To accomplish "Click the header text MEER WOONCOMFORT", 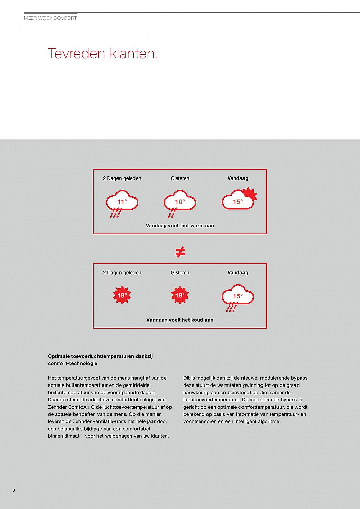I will (x=50, y=18).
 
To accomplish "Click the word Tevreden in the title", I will (x=76, y=54).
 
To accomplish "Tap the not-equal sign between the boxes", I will (x=180, y=252).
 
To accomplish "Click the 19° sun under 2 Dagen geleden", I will (x=122, y=295).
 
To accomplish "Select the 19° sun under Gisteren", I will (x=180, y=295).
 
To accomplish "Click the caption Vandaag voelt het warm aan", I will (x=180, y=226).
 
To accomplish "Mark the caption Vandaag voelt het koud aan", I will (x=180, y=320).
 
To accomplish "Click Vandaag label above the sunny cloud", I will (x=238, y=178).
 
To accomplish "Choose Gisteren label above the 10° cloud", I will (x=180, y=178).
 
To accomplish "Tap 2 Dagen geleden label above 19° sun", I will (x=122, y=273).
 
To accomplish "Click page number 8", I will (x=14, y=490).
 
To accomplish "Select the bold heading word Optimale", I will (x=59, y=356).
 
